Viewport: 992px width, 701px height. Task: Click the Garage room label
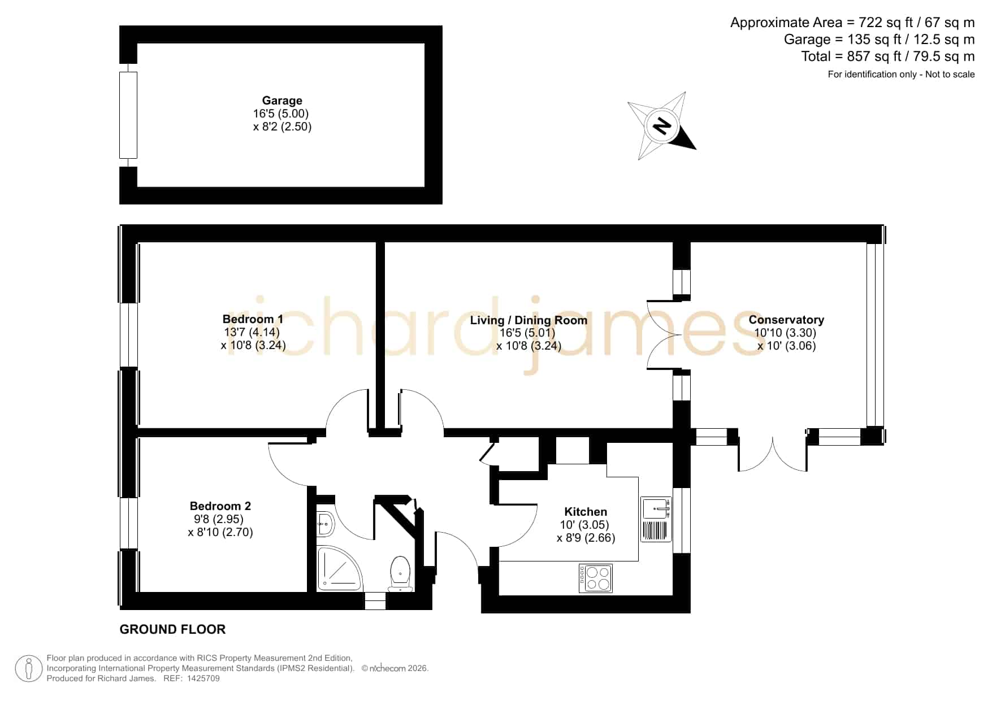pos(282,101)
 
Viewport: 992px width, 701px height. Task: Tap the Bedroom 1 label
pos(253,319)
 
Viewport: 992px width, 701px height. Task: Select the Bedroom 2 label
pos(220,506)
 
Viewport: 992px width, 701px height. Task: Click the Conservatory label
pos(786,320)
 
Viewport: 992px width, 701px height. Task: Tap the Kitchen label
pos(586,512)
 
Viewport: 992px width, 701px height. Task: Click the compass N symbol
pos(661,125)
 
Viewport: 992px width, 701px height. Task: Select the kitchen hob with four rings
pos(596,578)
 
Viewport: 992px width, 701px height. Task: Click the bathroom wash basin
pos(326,524)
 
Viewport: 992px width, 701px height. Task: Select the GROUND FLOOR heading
pos(172,629)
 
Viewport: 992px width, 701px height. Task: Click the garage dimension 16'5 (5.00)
pos(281,114)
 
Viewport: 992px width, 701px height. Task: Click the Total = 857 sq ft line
pos(887,56)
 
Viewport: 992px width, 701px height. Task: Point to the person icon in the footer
pos(28,669)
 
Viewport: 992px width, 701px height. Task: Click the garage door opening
pos(128,115)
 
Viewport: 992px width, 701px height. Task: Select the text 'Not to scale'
pos(950,74)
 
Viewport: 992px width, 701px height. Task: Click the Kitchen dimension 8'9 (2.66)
pos(586,538)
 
